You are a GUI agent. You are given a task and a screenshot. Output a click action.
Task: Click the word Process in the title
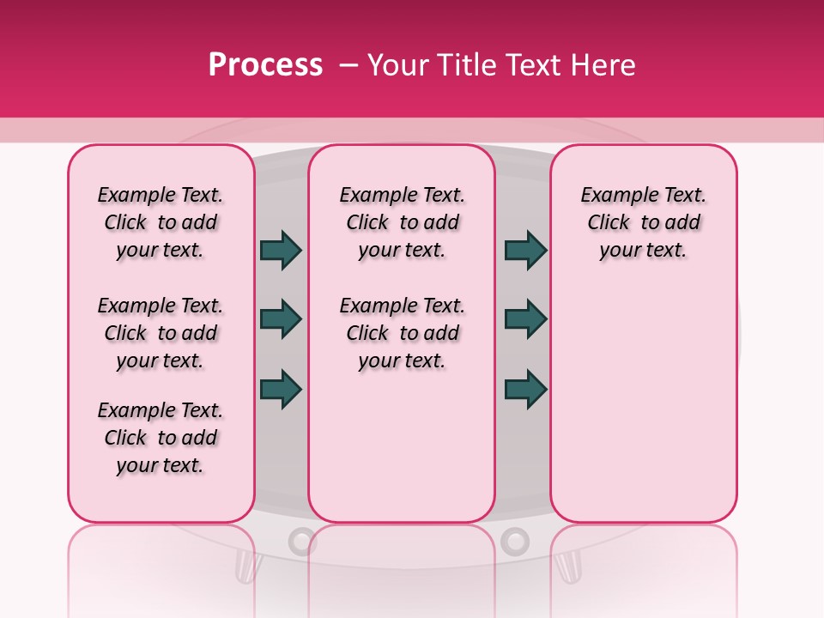tap(264, 65)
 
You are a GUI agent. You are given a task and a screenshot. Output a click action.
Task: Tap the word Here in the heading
tap(604, 65)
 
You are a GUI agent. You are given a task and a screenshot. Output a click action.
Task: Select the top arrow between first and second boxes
tap(281, 251)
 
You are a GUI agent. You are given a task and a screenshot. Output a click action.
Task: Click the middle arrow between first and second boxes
tap(281, 319)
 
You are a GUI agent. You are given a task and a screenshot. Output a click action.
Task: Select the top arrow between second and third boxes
tap(525, 251)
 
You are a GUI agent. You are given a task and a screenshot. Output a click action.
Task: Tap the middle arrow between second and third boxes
tap(525, 319)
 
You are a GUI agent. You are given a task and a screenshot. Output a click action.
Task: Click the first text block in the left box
tap(161, 222)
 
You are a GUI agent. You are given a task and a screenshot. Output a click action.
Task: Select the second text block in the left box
tap(161, 333)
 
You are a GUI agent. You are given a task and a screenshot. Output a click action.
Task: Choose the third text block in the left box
tap(161, 438)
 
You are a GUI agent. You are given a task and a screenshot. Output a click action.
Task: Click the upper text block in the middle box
tap(403, 222)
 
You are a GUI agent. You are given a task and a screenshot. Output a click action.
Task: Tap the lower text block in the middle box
tap(403, 333)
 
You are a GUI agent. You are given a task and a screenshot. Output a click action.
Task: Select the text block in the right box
tap(644, 222)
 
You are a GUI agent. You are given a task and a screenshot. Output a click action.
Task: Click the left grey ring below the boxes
tap(301, 540)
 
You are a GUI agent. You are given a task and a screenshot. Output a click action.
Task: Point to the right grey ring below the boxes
tap(514, 540)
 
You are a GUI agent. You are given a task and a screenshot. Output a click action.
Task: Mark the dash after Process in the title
tap(348, 65)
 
